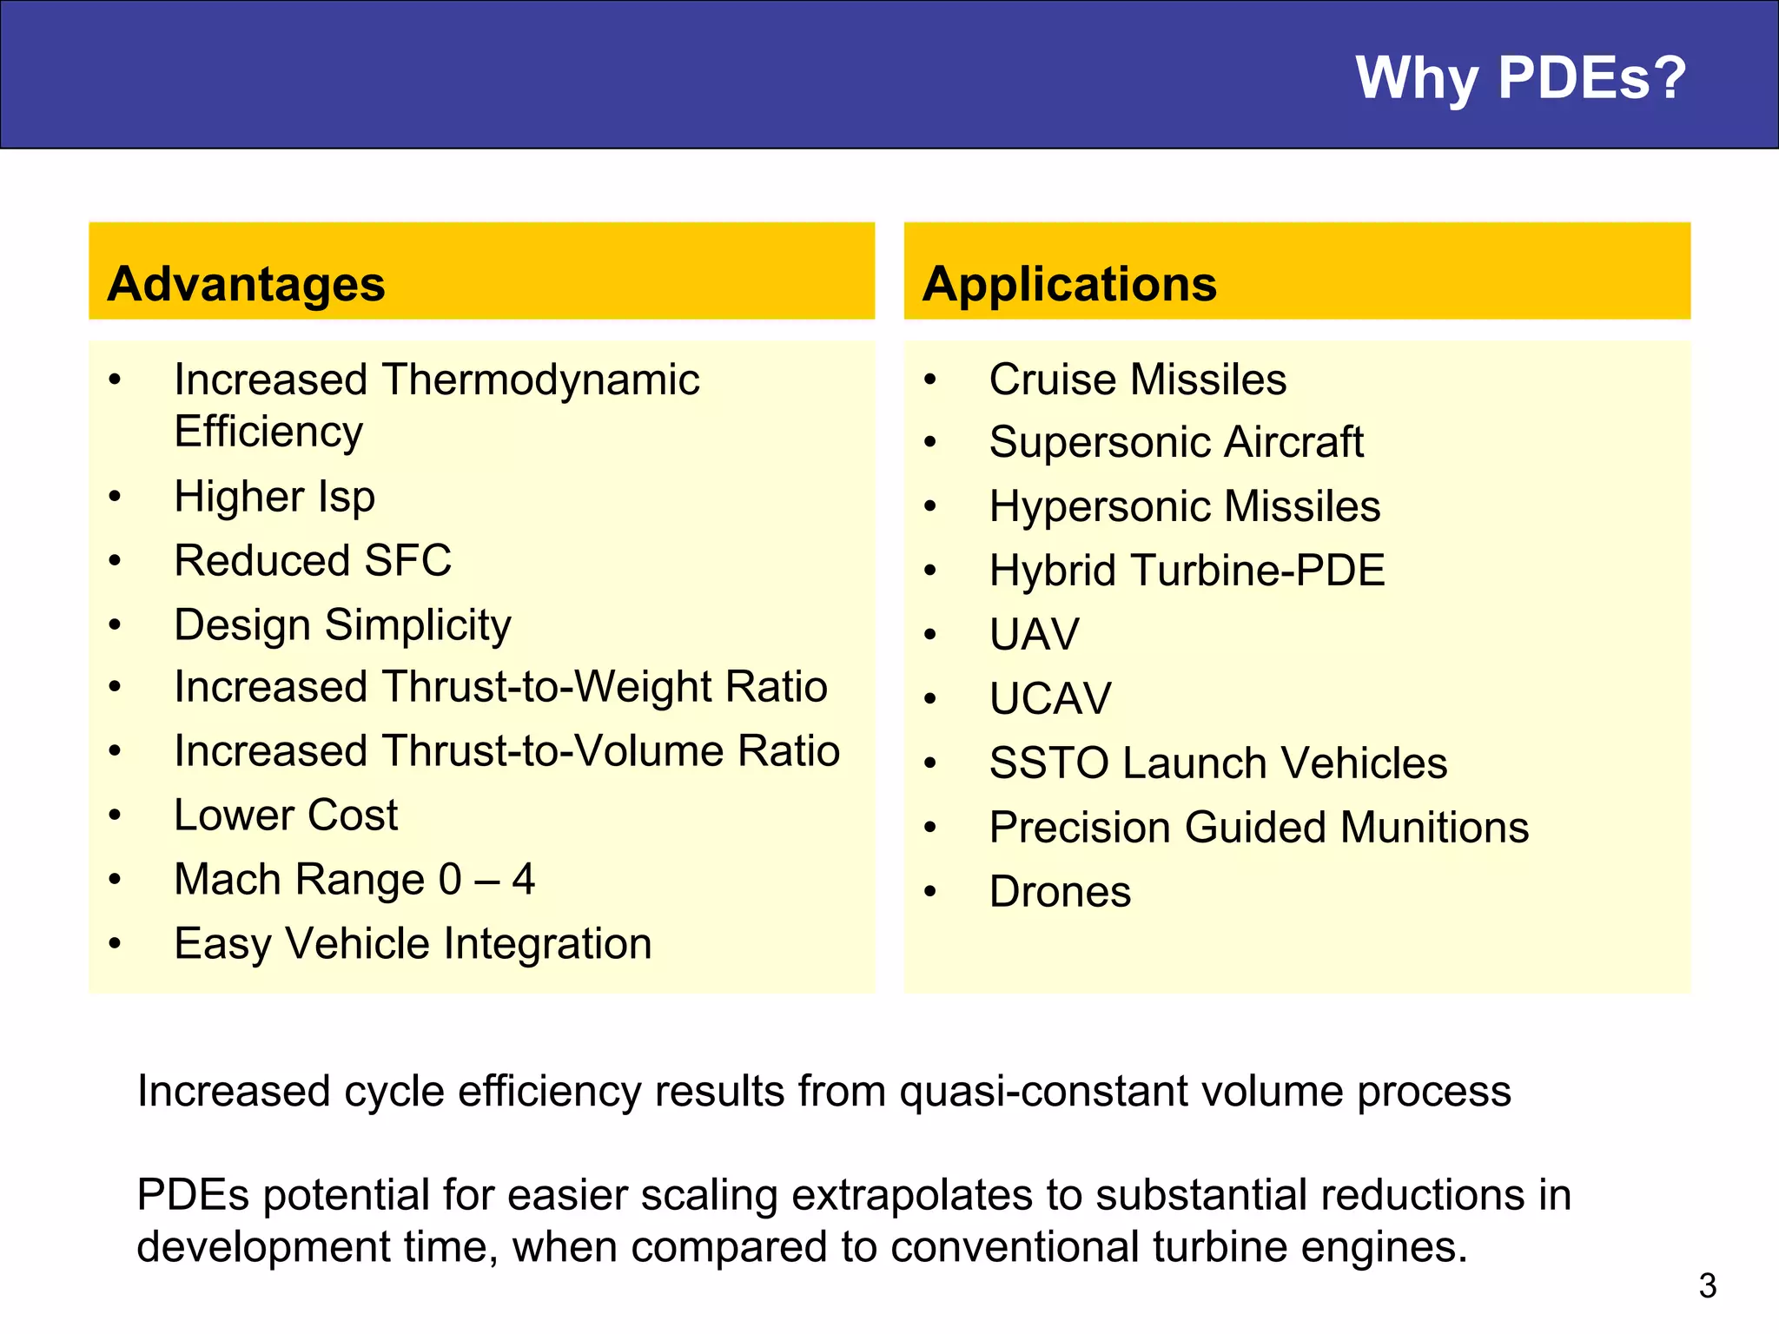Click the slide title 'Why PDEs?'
[x=1520, y=78]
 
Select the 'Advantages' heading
[x=246, y=284]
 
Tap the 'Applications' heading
[x=1069, y=284]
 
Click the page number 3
[x=1707, y=1286]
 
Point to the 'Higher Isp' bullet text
[x=274, y=497]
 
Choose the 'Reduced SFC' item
[x=313, y=560]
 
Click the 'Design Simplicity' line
[x=342, y=624]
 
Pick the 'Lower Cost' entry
[x=286, y=816]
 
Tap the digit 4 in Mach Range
[x=523, y=879]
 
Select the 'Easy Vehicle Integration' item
[x=413, y=943]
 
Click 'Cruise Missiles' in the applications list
[x=1137, y=380]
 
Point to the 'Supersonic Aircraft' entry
[x=1176, y=442]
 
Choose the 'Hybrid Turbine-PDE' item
[x=1187, y=571]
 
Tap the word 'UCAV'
[x=1050, y=698]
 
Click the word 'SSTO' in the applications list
[x=1048, y=763]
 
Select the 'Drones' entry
[x=1060, y=892]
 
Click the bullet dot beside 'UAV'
[x=930, y=635]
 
